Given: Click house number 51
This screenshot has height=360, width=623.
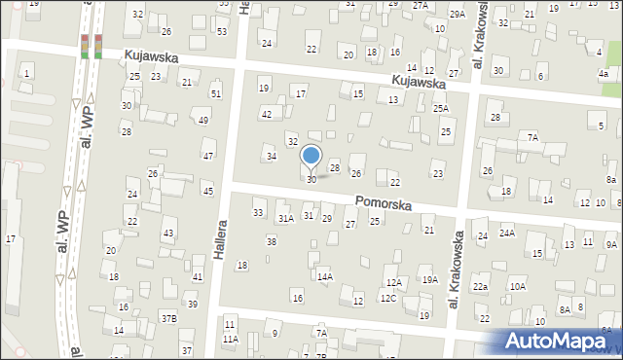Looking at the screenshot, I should (x=216, y=93).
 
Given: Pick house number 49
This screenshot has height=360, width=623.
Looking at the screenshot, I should (x=202, y=120).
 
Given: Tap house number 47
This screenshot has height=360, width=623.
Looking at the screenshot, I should (x=207, y=156).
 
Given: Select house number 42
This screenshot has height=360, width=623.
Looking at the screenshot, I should (x=266, y=115).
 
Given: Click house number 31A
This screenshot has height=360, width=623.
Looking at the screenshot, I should (x=285, y=219).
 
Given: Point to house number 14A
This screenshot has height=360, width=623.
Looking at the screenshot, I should (x=325, y=277).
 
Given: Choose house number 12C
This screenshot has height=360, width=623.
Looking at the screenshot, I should (x=387, y=298).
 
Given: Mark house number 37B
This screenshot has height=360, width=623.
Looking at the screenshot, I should (x=169, y=318).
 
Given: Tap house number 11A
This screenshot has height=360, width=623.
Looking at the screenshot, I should (x=230, y=339).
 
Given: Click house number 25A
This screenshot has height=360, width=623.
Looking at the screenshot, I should (x=441, y=109).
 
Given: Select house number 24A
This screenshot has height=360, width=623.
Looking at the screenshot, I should (x=507, y=234).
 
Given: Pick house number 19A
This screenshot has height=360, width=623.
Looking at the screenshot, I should (x=428, y=280).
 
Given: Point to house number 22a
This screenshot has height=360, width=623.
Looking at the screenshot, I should (x=481, y=287).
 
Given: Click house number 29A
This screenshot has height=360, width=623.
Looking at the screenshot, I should (x=458, y=14).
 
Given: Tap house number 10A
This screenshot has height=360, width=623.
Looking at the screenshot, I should (x=517, y=287).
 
